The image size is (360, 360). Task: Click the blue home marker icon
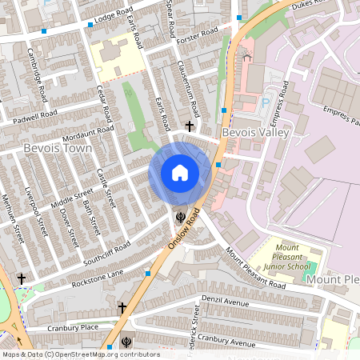coord(180,173)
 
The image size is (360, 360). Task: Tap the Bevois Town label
coord(58,149)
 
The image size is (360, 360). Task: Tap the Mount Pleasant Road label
coord(254,269)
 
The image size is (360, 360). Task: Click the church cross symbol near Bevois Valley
coord(190,126)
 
